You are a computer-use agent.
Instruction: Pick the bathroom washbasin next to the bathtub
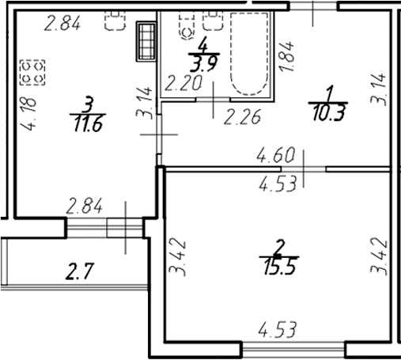coord(214,21)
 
